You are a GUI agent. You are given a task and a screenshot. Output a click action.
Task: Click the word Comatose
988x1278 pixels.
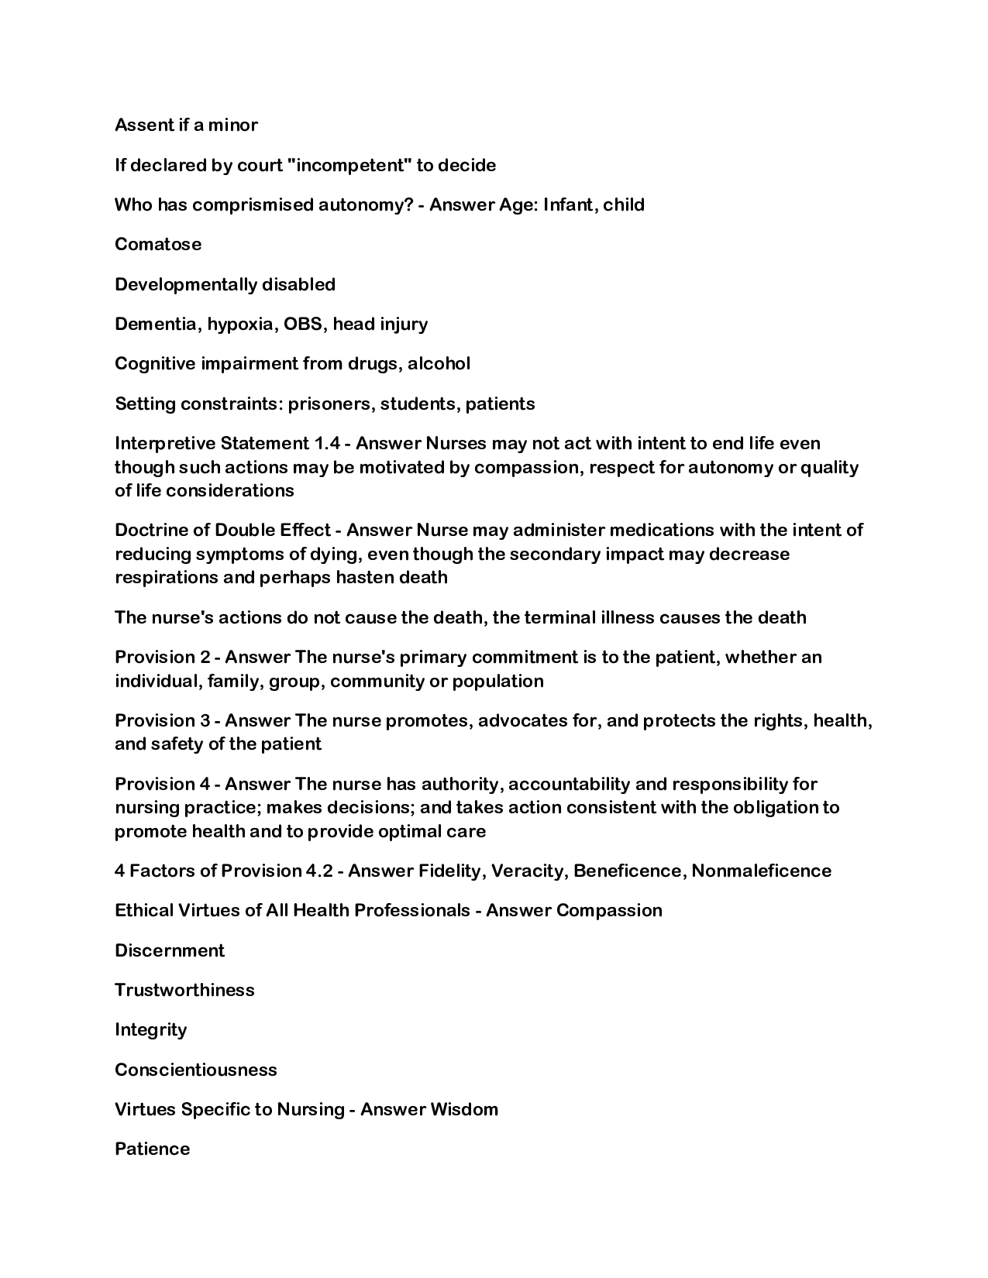tap(158, 244)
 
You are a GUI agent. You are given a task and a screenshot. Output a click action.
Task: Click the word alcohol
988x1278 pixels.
tap(439, 363)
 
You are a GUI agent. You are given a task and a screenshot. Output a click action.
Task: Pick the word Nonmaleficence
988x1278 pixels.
tap(761, 871)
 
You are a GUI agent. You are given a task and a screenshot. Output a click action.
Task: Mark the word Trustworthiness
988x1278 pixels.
tap(184, 990)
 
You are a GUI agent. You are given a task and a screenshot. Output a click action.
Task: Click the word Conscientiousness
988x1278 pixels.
tap(195, 1070)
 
